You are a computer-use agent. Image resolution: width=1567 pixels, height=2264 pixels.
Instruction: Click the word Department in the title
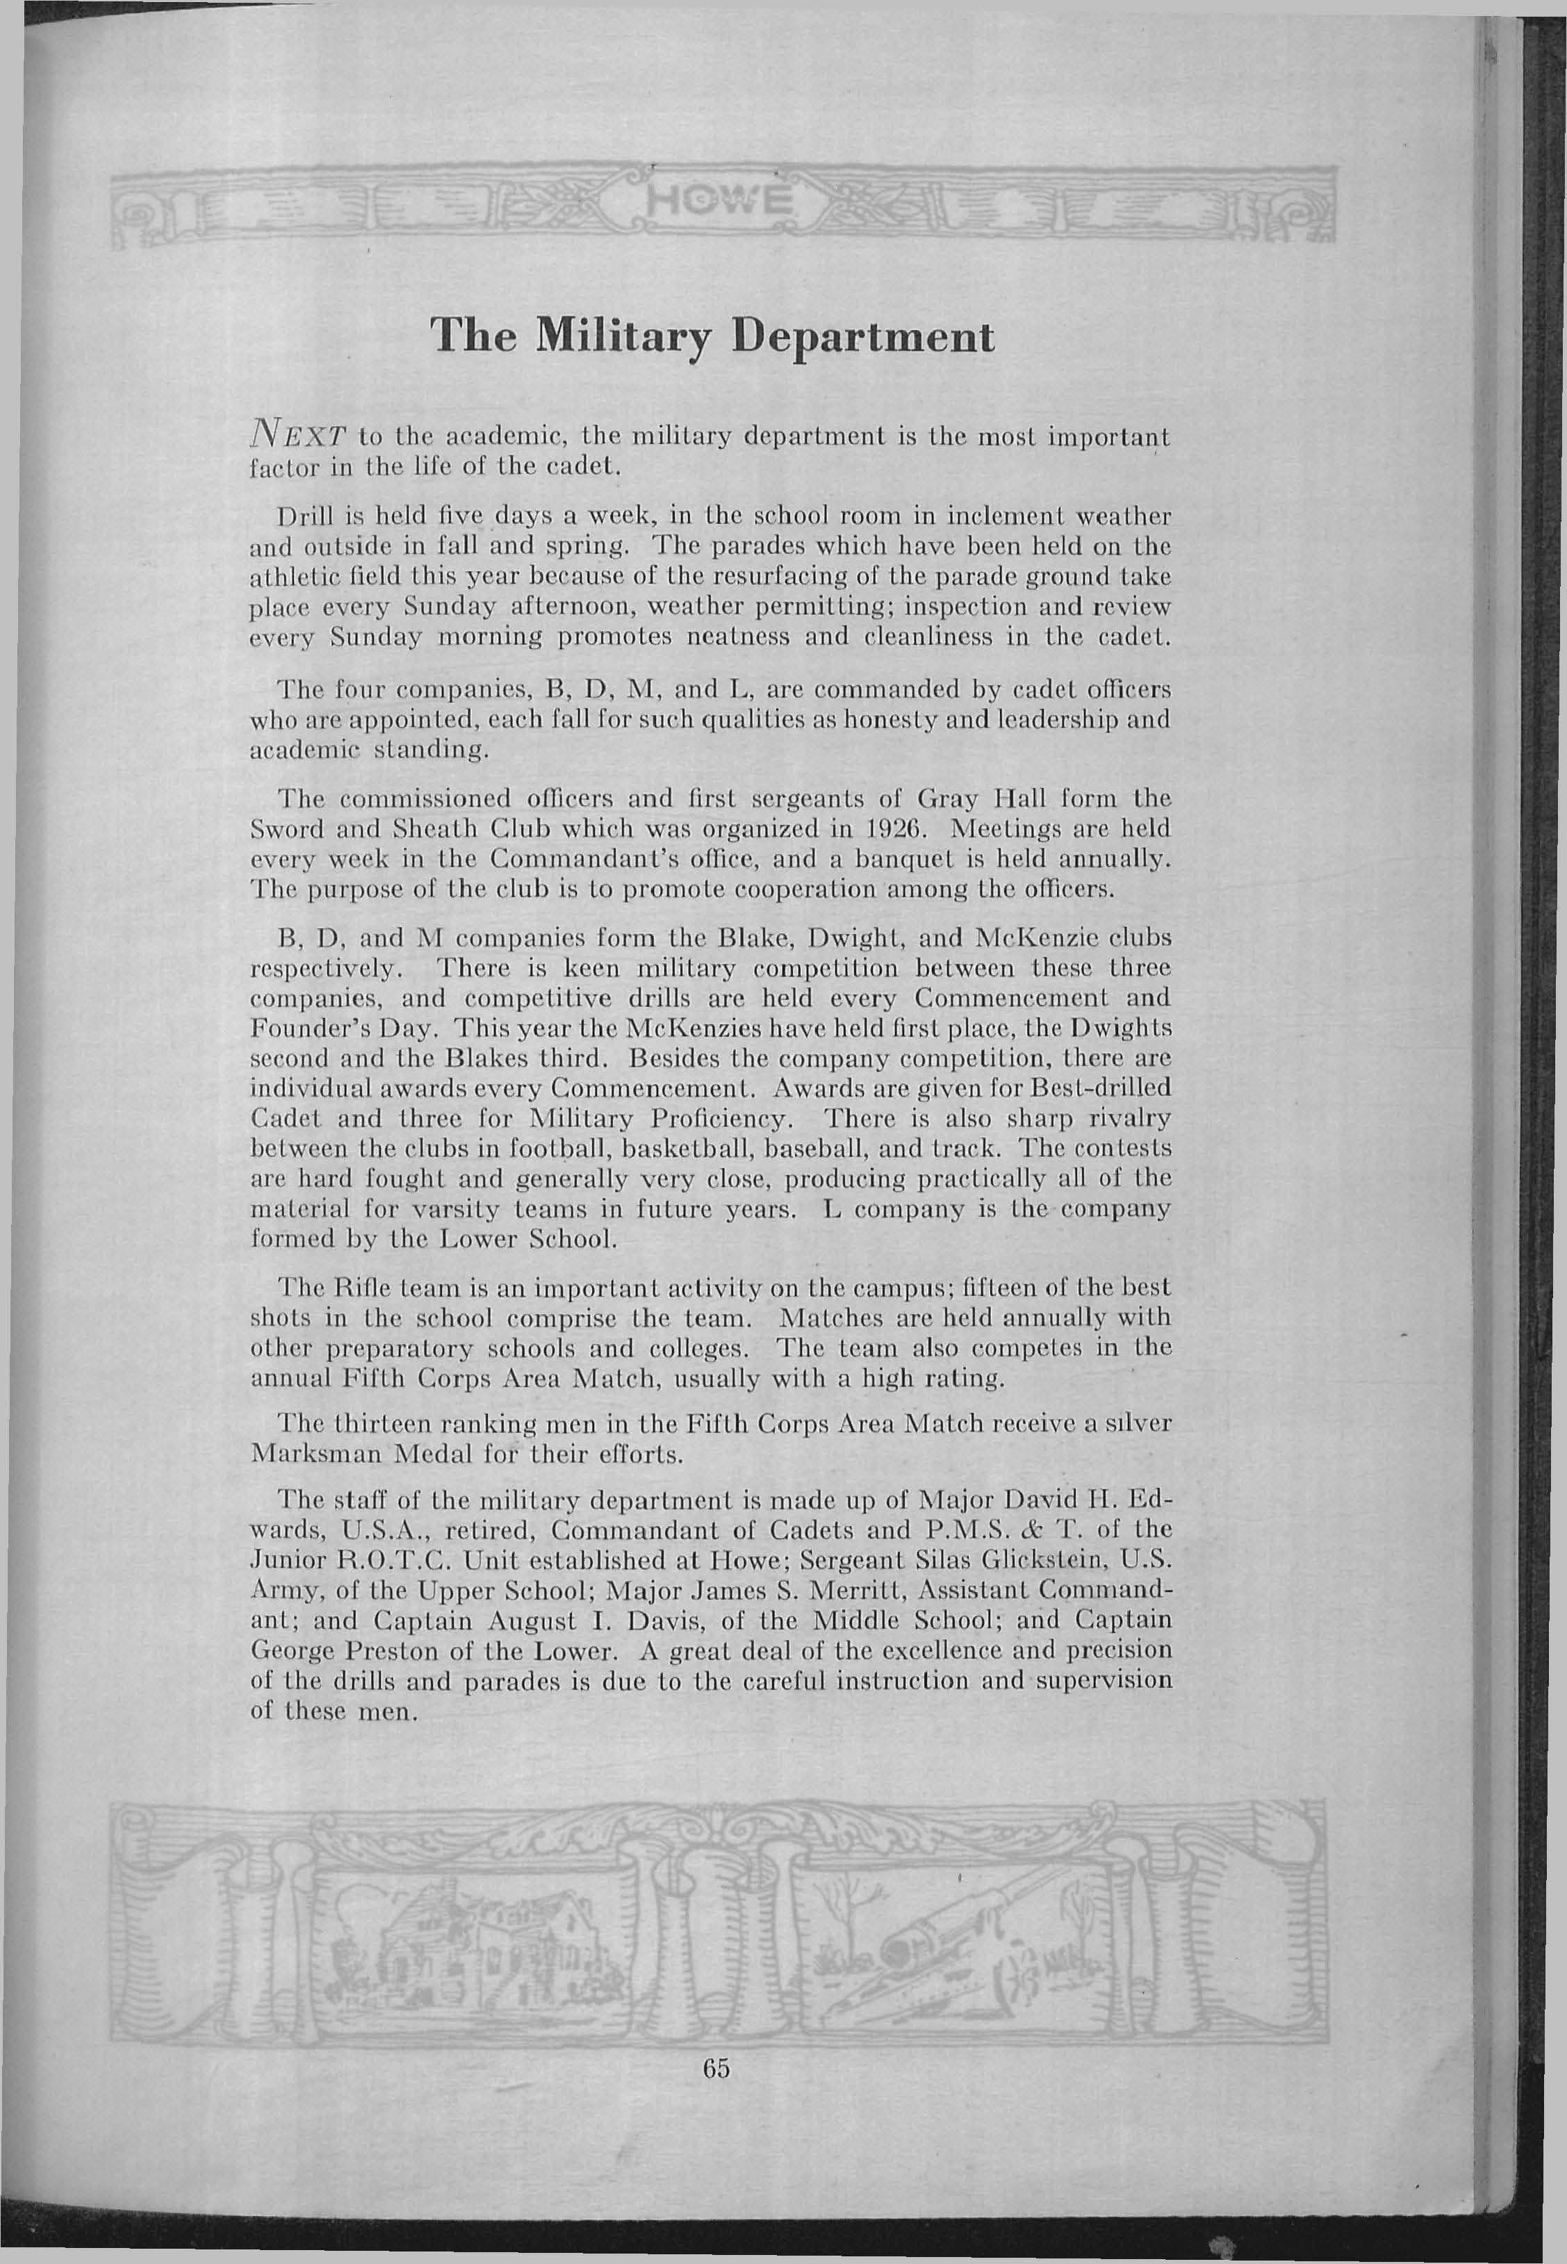click(865, 338)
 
